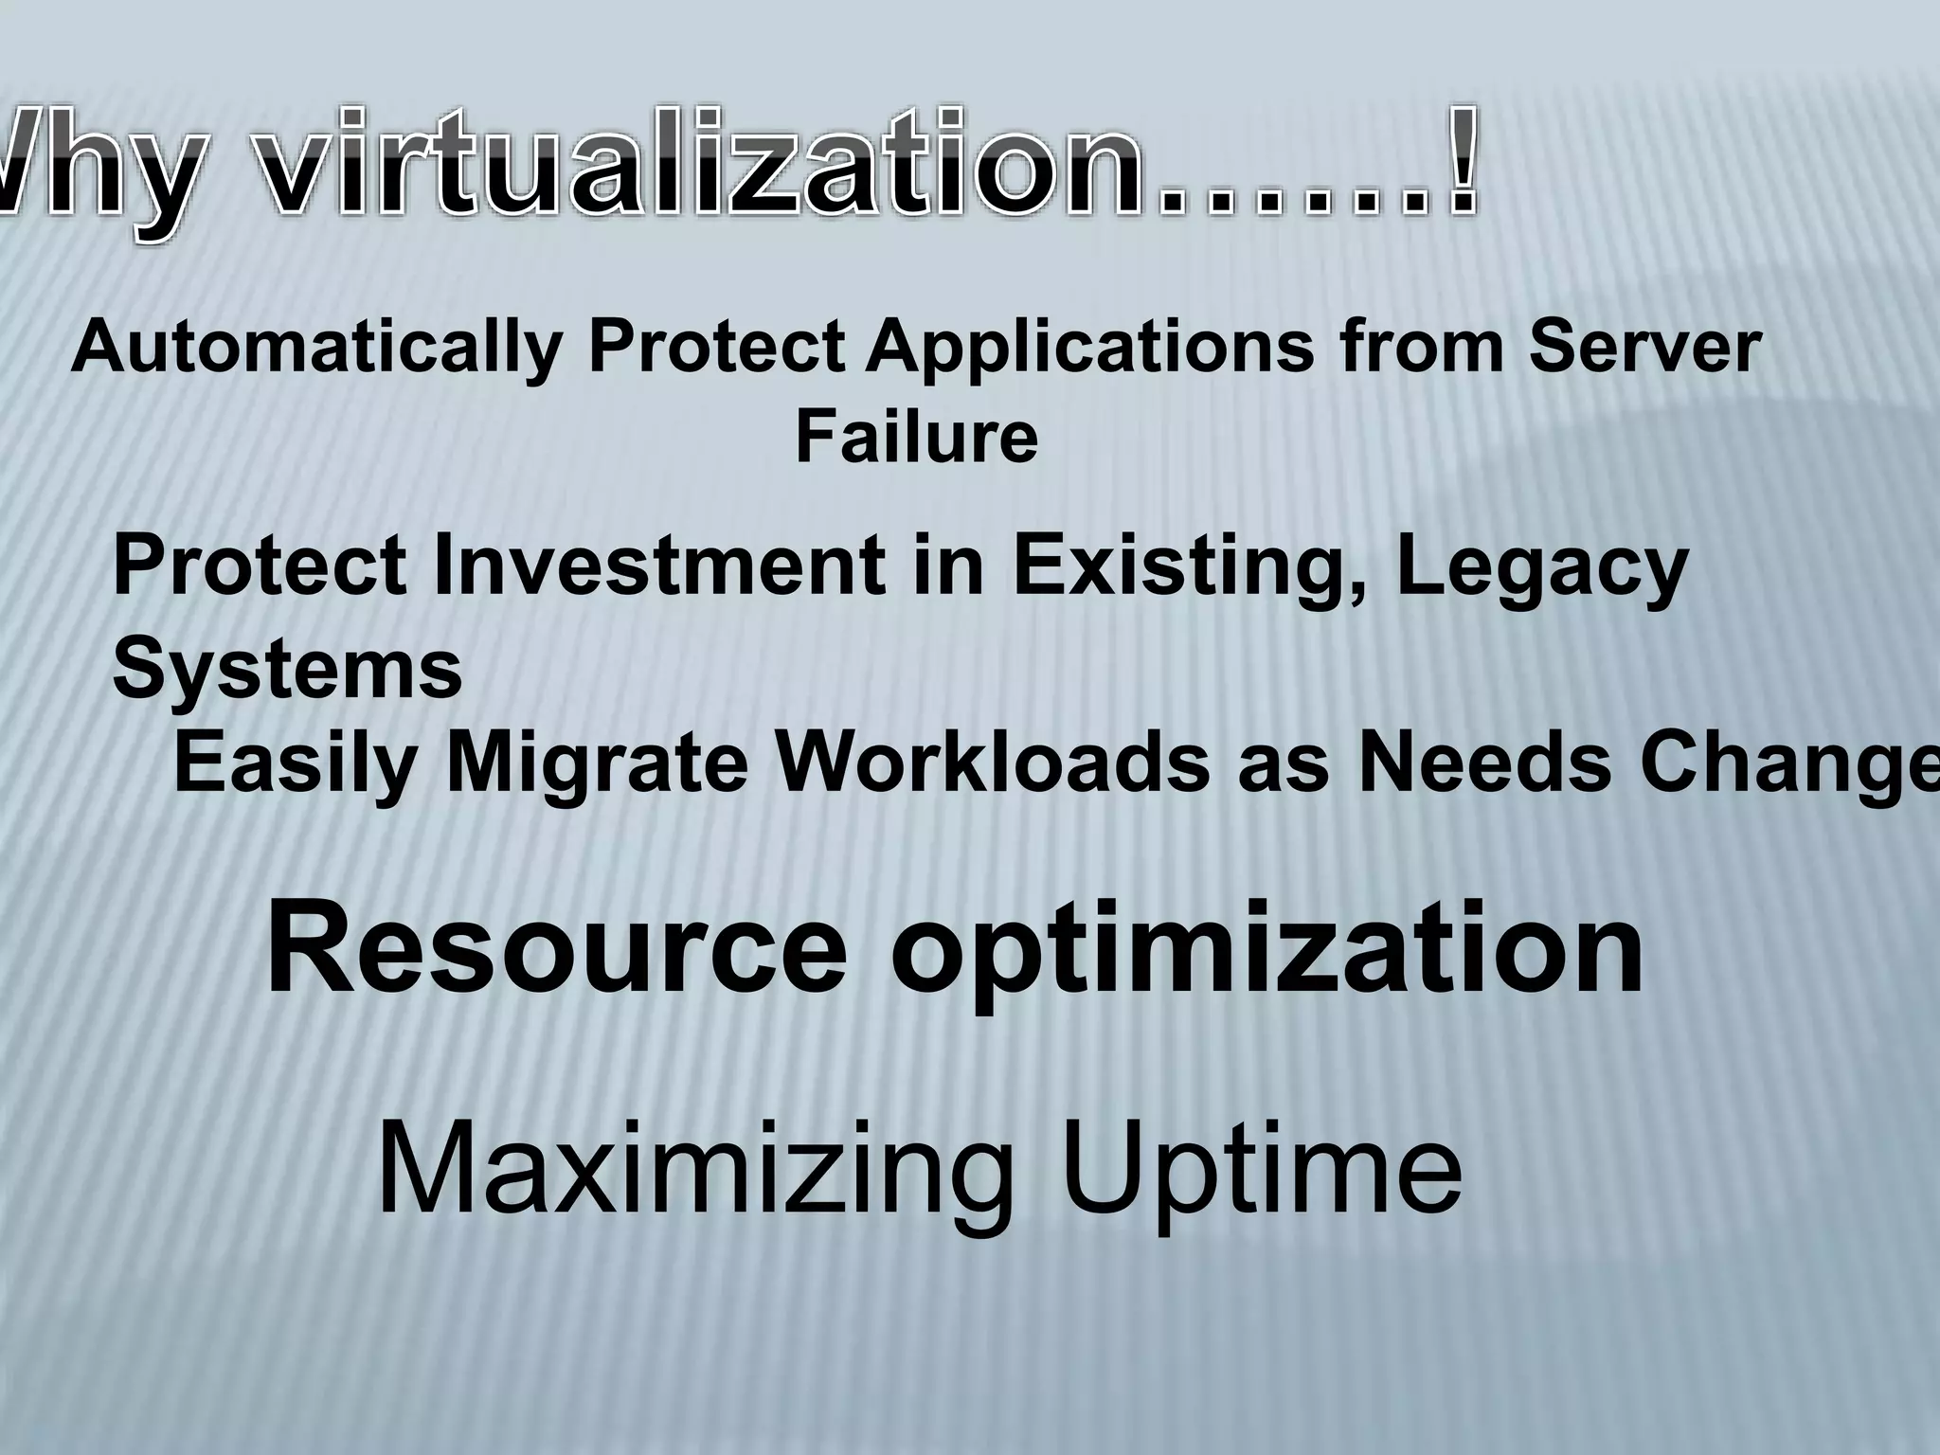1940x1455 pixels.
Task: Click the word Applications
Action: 1090,349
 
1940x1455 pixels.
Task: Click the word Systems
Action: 287,668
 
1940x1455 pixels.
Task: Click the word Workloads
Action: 994,763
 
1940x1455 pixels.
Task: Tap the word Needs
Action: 1483,763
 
